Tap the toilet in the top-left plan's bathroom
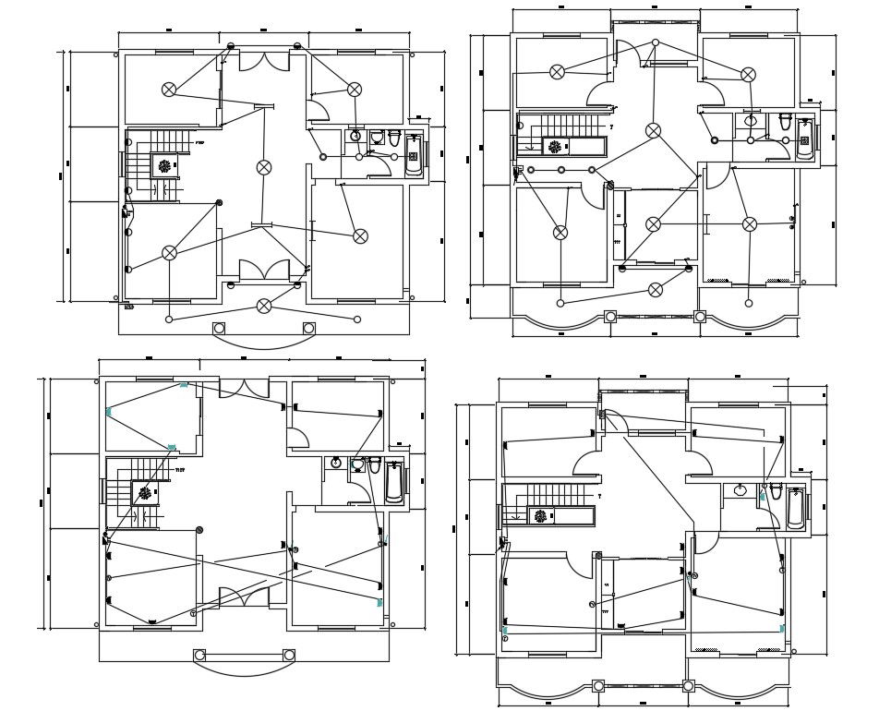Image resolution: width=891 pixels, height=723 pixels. pyautogui.click(x=394, y=139)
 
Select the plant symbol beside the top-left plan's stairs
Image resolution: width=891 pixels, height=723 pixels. pyautogui.click(x=164, y=166)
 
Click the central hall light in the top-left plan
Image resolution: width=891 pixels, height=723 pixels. pyautogui.click(x=264, y=167)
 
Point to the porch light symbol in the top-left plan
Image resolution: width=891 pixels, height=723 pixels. pyautogui.click(x=264, y=306)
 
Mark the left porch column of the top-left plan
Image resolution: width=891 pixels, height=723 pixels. pyautogui.click(x=219, y=328)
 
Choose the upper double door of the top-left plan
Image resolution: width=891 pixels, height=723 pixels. pyautogui.click(x=264, y=61)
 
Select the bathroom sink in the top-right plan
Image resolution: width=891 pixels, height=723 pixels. pyautogui.click(x=751, y=121)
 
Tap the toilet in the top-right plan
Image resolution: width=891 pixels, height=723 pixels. pyautogui.click(x=785, y=122)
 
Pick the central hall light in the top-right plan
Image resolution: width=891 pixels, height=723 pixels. pyautogui.click(x=653, y=131)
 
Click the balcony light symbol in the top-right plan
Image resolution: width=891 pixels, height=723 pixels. pyautogui.click(x=656, y=290)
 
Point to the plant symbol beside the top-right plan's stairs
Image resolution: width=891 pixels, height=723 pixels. pyautogui.click(x=554, y=146)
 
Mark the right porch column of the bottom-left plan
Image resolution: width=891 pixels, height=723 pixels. pyautogui.click(x=289, y=656)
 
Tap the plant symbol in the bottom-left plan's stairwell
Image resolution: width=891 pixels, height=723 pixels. pyautogui.click(x=145, y=494)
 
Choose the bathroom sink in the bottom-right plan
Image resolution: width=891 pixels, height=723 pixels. pyautogui.click(x=740, y=489)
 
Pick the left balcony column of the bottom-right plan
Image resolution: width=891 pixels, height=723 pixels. pyautogui.click(x=598, y=686)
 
